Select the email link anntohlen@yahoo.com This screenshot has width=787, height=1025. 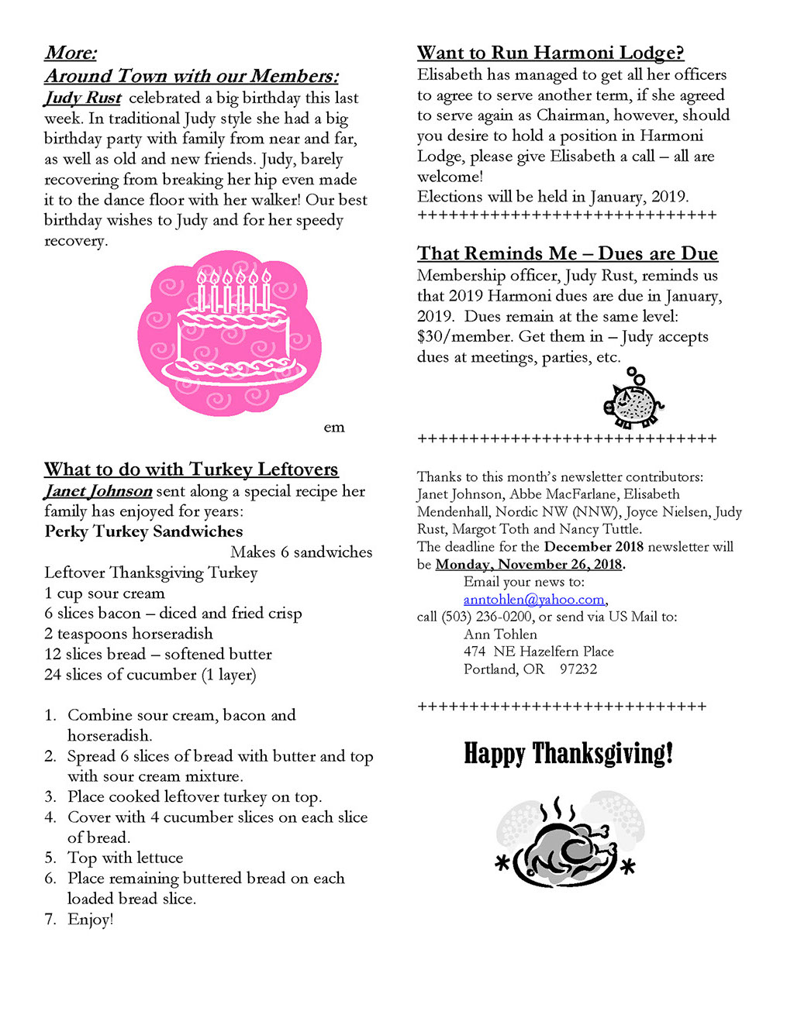(534, 600)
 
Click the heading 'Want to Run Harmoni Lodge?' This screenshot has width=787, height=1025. (551, 53)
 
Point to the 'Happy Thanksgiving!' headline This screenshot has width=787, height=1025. (568, 753)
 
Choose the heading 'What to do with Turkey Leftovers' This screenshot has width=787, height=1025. (192, 470)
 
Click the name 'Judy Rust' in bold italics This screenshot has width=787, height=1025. (83, 98)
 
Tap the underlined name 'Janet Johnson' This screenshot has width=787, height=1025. (98, 491)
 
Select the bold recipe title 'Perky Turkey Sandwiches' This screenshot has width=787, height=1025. (143, 531)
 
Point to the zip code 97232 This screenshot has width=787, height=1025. (578, 669)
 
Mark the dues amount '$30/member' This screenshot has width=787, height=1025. (464, 336)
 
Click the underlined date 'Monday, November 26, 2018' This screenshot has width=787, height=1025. (529, 564)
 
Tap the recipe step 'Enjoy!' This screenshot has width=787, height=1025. (91, 920)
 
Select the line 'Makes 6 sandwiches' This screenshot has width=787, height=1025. (301, 552)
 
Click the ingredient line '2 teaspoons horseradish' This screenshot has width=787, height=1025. (129, 634)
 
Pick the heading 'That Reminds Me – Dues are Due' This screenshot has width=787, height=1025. (568, 253)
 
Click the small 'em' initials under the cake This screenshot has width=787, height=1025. (334, 428)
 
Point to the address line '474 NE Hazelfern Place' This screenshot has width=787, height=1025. (539, 652)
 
